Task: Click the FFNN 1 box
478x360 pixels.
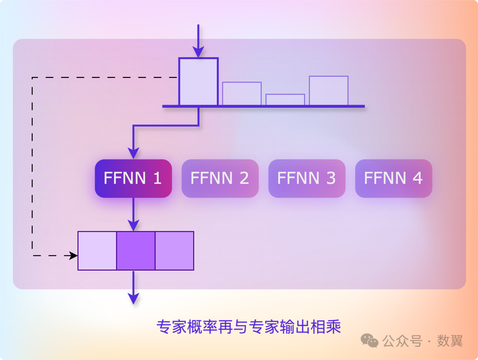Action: point(133,178)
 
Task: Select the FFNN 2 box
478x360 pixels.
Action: point(220,178)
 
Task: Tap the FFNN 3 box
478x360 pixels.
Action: point(307,178)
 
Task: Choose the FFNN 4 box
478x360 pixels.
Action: point(394,178)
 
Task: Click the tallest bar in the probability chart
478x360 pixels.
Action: point(198,82)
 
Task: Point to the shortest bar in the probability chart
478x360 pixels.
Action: point(285,100)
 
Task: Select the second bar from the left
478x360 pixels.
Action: point(242,94)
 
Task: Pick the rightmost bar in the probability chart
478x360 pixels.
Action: point(329,91)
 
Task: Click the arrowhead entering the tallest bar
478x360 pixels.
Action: point(198,52)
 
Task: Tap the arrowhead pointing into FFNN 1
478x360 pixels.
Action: point(133,153)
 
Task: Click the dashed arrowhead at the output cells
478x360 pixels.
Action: point(73,255)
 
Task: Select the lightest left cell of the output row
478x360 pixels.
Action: point(97,251)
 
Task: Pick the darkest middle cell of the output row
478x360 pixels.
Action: point(136,251)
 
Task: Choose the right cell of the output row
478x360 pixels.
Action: point(174,251)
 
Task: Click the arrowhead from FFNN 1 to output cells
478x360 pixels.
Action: point(133,225)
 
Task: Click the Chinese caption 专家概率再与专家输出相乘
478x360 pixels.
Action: point(249,326)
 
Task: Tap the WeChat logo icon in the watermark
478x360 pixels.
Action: point(370,341)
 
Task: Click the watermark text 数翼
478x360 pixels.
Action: point(450,341)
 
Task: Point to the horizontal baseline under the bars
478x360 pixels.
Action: point(263,106)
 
